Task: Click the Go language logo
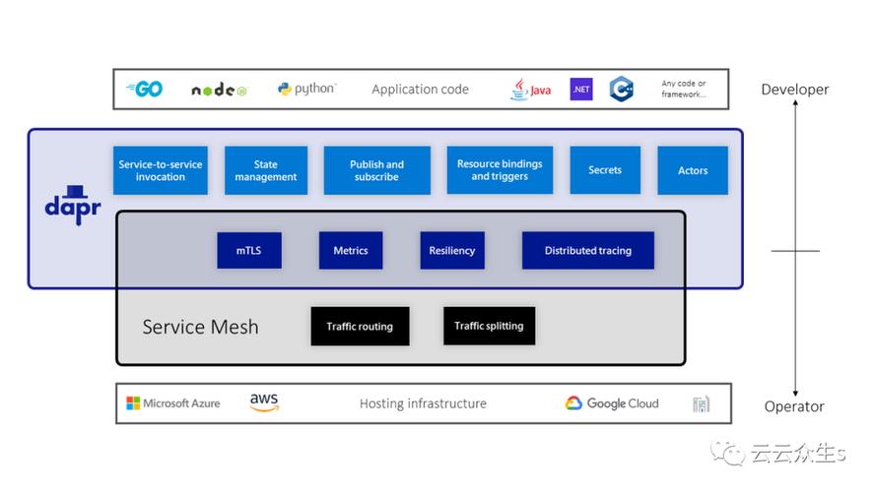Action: point(145,90)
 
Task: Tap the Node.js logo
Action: point(219,90)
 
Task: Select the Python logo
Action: point(306,89)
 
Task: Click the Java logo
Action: point(530,90)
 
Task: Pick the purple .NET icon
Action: point(581,90)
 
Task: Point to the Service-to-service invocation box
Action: point(161,170)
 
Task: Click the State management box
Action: point(266,170)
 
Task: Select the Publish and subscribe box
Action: point(376,170)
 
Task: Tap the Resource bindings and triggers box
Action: point(500,170)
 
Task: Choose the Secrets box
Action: point(605,170)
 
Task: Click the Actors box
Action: point(693,170)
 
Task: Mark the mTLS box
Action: point(249,250)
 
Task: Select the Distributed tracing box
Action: point(588,250)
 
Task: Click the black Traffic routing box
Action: point(360,326)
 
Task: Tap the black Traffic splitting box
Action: point(489,326)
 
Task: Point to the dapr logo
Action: point(73,206)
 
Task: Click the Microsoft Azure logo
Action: point(173,402)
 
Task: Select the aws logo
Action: point(264,401)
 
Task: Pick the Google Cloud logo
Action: point(612,402)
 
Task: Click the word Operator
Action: point(794,406)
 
